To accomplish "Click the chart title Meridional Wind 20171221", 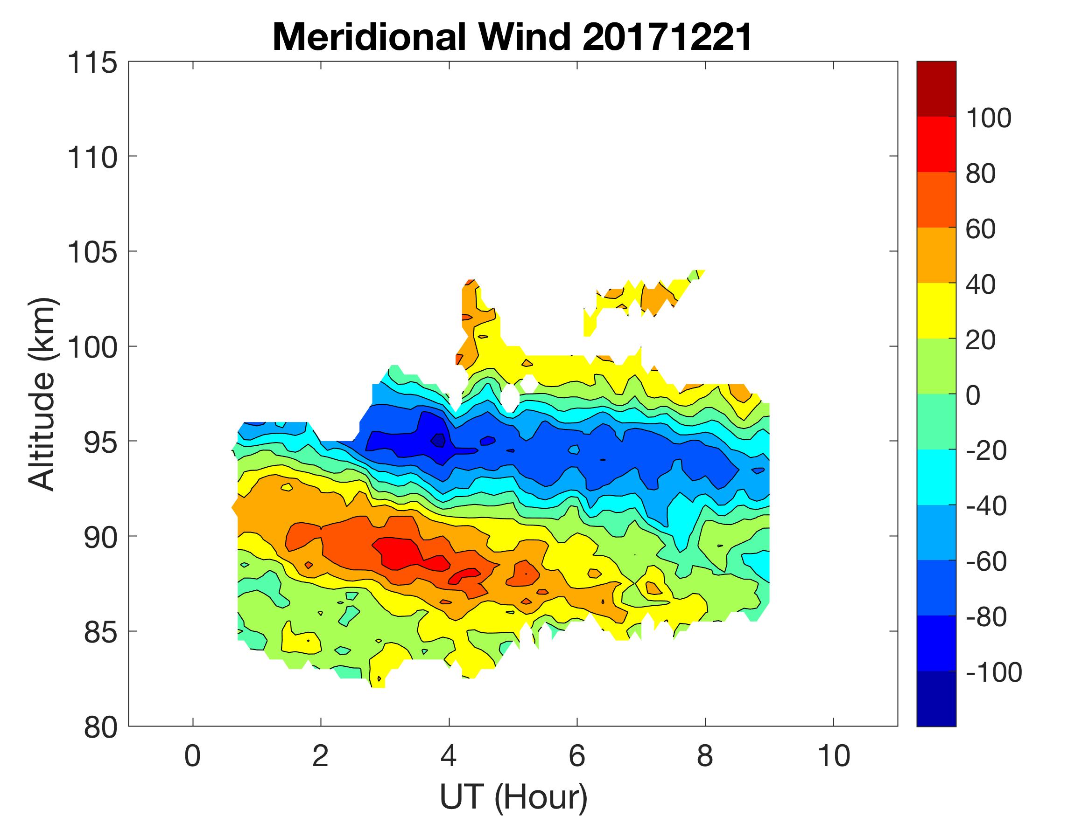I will [512, 37].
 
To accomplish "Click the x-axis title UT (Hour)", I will [513, 797].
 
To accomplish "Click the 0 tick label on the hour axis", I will [192, 755].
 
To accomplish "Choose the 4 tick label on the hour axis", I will [449, 755].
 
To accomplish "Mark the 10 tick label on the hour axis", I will [834, 755].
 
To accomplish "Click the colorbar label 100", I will [988, 118].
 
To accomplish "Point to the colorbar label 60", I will [980, 229].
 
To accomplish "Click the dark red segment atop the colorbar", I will [936, 89].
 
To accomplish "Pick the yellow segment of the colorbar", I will [936, 311].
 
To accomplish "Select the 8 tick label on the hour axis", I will [705, 755].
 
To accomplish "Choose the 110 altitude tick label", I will [92, 158].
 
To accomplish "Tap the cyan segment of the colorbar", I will [936, 477].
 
